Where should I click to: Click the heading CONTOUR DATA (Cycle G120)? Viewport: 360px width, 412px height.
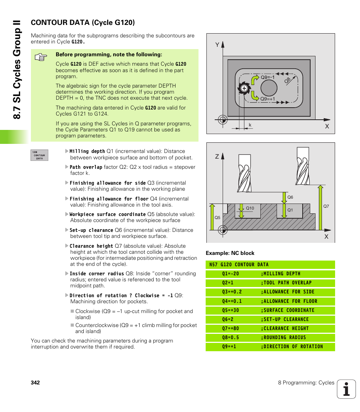point(83,23)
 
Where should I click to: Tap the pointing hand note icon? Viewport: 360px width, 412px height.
point(40,58)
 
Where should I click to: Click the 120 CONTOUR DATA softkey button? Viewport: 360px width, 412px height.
point(39,155)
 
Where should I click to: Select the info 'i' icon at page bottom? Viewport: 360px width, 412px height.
point(346,389)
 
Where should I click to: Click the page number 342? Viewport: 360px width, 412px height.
point(35,383)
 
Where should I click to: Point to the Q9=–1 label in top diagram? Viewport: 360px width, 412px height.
point(267,77)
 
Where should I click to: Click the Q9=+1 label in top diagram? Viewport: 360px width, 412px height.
point(268,99)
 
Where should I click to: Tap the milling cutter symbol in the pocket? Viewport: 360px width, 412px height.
point(243,88)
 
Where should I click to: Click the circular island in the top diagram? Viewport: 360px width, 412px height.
point(268,88)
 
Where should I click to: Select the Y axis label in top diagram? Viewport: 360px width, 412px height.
point(217,45)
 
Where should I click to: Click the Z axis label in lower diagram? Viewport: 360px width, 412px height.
point(217,156)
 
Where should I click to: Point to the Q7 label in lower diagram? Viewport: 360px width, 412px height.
point(326,206)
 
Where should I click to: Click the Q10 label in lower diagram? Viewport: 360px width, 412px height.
point(250,208)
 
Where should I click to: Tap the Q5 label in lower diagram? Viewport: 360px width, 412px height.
point(217,218)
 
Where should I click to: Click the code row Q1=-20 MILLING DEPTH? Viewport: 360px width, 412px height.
point(270,274)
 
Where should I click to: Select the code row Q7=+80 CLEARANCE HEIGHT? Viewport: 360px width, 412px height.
point(270,329)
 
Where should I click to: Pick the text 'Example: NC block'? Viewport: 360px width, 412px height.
point(230,253)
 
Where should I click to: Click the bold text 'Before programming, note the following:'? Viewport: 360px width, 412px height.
point(109,54)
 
